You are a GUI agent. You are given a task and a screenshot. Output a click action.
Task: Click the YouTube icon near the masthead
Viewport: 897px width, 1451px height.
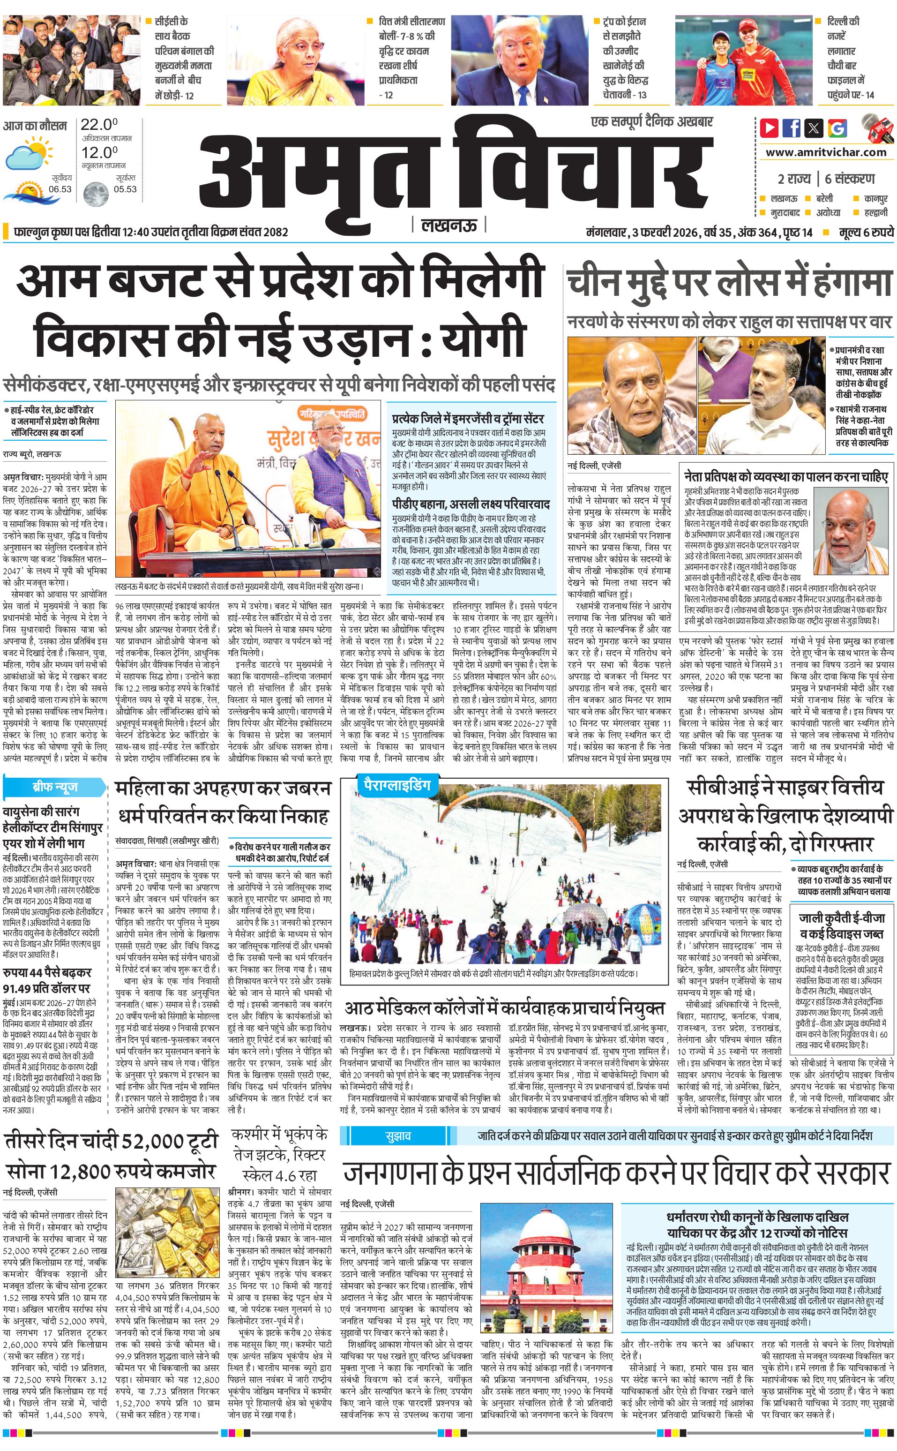pos(770,128)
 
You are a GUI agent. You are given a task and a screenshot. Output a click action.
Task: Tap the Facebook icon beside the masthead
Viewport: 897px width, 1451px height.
pos(792,128)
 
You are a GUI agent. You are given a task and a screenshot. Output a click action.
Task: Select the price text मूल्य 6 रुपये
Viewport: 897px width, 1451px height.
pos(866,232)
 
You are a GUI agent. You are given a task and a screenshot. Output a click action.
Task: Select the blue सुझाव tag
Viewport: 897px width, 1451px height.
pos(397,1135)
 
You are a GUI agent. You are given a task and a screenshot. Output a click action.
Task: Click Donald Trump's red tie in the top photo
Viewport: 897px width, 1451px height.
pos(523,95)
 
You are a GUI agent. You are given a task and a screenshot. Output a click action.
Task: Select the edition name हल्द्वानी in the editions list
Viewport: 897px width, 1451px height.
pos(875,212)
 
